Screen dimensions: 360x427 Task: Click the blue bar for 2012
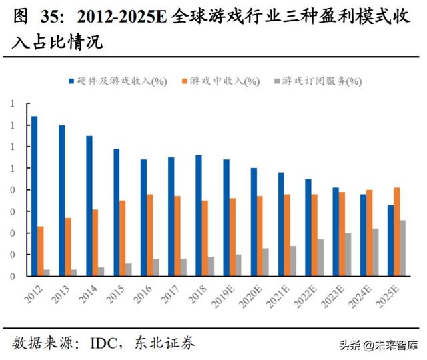click(x=34, y=196)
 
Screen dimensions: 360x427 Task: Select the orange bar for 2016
click(x=150, y=235)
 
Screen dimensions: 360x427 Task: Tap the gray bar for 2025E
click(x=402, y=248)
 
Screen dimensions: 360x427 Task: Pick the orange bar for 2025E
click(x=397, y=231)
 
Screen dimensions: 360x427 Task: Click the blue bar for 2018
click(x=198, y=215)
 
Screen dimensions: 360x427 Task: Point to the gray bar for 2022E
click(x=320, y=257)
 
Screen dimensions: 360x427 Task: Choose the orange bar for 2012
click(x=41, y=251)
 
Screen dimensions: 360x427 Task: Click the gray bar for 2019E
click(x=238, y=265)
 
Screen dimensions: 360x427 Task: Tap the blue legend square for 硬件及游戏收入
click(x=71, y=81)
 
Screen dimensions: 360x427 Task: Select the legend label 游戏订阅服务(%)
click(x=322, y=81)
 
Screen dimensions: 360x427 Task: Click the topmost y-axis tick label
click(x=11, y=104)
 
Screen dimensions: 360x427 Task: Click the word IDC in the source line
click(x=98, y=343)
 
